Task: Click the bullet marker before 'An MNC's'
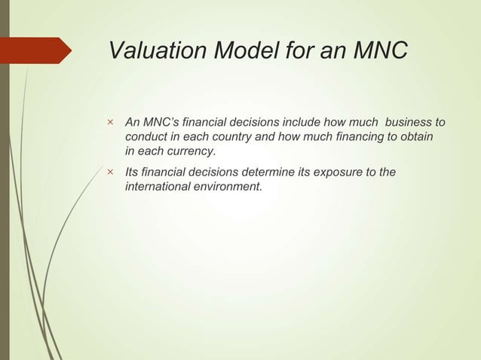[110, 122]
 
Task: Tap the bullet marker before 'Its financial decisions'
[110, 172]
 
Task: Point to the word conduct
[146, 136]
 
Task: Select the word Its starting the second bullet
[133, 172]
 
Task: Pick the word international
[156, 187]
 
